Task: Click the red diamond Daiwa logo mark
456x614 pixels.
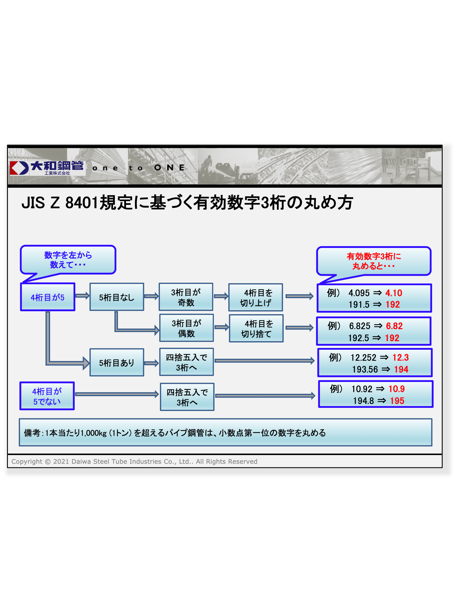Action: (x=19, y=168)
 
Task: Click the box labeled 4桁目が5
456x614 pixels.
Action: (x=48, y=297)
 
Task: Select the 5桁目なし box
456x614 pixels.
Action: (x=117, y=297)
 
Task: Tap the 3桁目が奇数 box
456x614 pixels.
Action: (x=186, y=297)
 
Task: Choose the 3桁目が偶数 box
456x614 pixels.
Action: (x=186, y=328)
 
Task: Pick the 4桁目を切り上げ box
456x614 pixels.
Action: (x=256, y=297)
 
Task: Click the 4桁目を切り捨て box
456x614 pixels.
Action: (x=256, y=328)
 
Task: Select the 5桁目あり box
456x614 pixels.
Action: (x=117, y=363)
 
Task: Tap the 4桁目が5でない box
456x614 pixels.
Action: (x=47, y=396)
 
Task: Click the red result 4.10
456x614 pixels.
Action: (x=394, y=293)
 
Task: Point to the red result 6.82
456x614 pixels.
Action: (x=394, y=326)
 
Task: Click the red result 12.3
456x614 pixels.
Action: (x=400, y=357)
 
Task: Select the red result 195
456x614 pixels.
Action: (x=397, y=401)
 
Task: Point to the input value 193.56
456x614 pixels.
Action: (x=365, y=369)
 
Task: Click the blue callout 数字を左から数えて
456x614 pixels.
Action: (x=68, y=260)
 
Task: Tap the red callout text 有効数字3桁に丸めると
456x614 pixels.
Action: (x=374, y=261)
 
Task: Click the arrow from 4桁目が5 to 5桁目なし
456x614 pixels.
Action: (x=82, y=295)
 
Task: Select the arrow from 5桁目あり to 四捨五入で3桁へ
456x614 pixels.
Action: (x=152, y=363)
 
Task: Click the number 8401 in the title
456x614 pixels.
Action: (x=81, y=203)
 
